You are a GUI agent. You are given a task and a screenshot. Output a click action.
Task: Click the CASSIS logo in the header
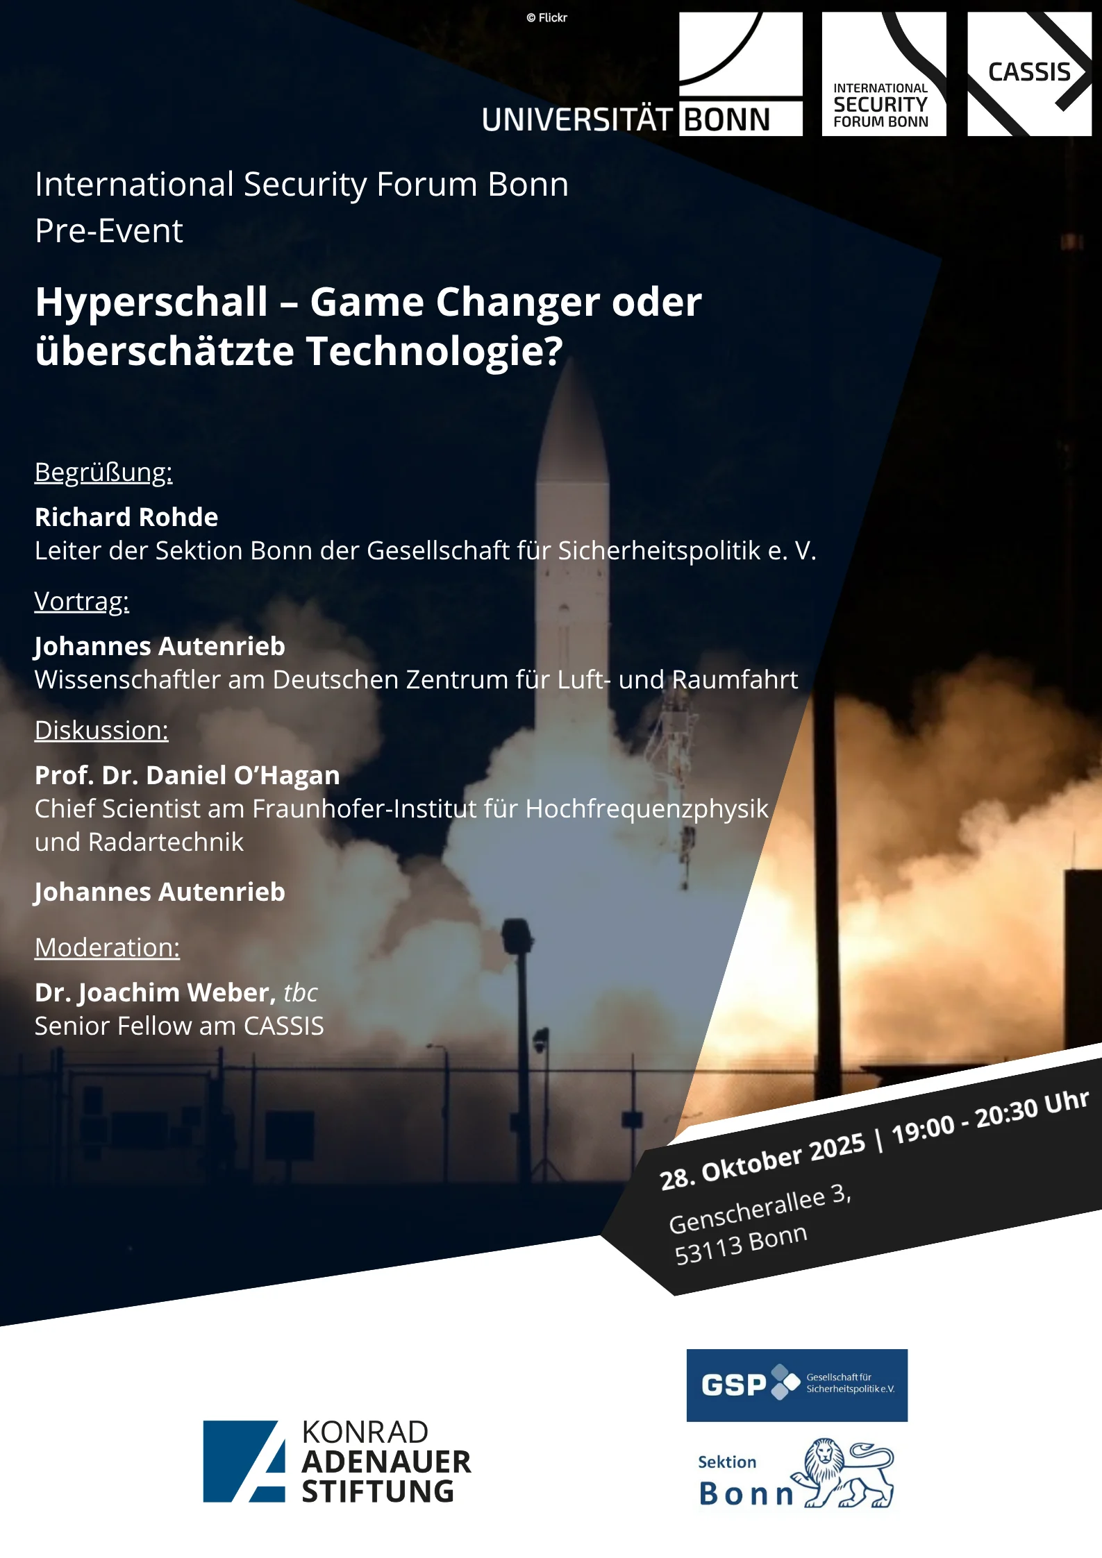click(1029, 74)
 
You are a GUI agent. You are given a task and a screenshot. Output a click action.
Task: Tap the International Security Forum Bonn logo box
click(883, 74)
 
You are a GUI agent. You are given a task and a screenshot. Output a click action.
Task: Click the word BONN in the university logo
click(727, 120)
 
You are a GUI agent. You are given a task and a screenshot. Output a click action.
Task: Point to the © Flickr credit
click(547, 18)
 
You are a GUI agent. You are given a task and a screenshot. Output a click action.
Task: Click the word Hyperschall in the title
click(151, 303)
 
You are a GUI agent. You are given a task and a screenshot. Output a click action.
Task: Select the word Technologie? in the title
click(435, 351)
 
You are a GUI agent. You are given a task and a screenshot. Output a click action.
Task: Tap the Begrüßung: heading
click(103, 473)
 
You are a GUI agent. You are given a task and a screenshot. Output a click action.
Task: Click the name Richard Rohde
click(126, 518)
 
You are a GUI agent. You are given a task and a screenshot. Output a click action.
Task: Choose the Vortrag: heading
click(82, 602)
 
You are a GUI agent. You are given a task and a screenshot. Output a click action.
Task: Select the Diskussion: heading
click(101, 731)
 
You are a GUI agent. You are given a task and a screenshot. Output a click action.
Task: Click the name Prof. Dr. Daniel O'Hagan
click(187, 776)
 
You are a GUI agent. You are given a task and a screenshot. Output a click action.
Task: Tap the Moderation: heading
click(107, 948)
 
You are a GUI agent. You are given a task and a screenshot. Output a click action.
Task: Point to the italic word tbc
click(301, 993)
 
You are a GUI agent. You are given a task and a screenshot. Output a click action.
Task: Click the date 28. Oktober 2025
click(762, 1161)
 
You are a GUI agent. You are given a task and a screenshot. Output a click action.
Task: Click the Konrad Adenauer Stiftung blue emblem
click(244, 1461)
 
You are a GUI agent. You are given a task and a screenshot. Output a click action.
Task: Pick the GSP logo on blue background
click(796, 1385)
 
